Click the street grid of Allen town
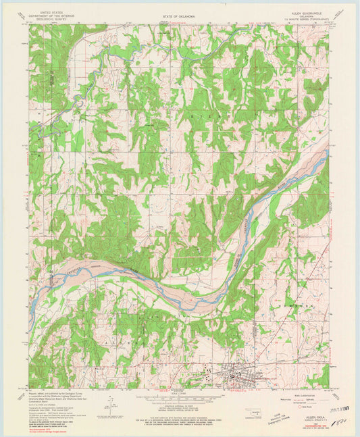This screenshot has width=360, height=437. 240,372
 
